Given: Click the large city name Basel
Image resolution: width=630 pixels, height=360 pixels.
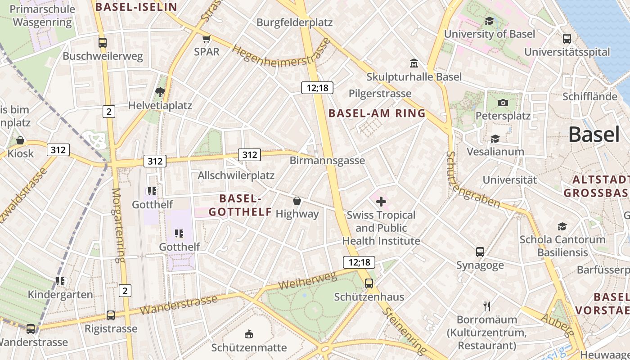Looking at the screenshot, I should (x=594, y=134).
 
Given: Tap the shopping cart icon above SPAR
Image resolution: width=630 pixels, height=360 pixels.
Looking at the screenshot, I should (x=207, y=39).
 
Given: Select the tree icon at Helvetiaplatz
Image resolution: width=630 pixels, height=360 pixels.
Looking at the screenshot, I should (x=160, y=92).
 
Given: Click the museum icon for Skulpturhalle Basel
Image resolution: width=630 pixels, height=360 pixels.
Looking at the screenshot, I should (x=414, y=63).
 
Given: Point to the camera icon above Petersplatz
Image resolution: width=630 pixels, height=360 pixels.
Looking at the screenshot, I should (x=503, y=103).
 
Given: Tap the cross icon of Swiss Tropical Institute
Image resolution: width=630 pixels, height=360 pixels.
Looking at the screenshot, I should (x=381, y=201).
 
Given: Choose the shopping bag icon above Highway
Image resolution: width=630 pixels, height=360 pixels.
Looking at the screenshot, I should (x=297, y=200).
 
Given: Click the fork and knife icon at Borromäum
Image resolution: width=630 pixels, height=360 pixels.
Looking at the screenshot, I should (x=486, y=306).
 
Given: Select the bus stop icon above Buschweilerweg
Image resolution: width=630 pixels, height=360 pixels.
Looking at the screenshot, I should (x=103, y=43).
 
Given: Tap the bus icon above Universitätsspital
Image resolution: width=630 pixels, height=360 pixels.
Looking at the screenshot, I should (x=567, y=39).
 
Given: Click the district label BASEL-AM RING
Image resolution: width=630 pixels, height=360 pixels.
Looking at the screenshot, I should (x=377, y=113).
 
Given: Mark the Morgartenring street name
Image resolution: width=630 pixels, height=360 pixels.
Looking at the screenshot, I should (x=117, y=225).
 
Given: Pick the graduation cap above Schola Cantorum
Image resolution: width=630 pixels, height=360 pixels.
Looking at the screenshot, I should (x=562, y=226).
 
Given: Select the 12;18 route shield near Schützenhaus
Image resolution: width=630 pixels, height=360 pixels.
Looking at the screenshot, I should (x=359, y=262).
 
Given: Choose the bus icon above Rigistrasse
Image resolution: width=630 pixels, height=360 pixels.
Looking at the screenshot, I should (x=111, y=315).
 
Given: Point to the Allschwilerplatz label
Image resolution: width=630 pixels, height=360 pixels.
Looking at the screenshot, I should (x=236, y=175).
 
